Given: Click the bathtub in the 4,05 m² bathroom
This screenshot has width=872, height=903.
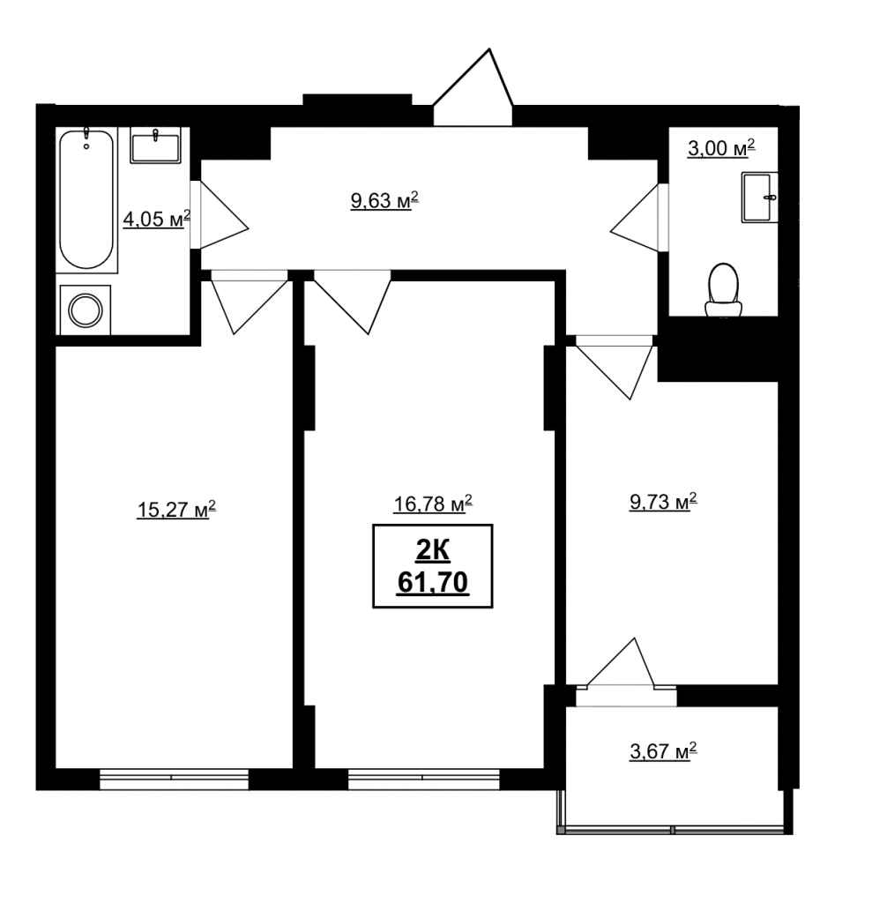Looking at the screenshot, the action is pyautogui.click(x=86, y=200).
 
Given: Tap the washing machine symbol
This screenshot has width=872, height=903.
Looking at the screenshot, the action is pyautogui.click(x=86, y=310).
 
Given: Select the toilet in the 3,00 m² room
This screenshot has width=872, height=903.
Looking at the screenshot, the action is pyautogui.click(x=724, y=290).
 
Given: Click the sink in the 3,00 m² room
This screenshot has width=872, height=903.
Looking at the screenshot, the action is pyautogui.click(x=760, y=197).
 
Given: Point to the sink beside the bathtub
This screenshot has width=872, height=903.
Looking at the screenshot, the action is pyautogui.click(x=155, y=146).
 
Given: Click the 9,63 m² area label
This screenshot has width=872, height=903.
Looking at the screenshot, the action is pyautogui.click(x=384, y=200).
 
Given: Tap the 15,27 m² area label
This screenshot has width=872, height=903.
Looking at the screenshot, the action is pyautogui.click(x=176, y=509).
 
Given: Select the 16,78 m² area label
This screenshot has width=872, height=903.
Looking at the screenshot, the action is pyautogui.click(x=433, y=504).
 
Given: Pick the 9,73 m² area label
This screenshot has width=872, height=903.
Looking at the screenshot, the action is pyautogui.click(x=663, y=502).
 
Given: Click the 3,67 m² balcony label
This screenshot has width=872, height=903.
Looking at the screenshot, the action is pyautogui.click(x=663, y=751).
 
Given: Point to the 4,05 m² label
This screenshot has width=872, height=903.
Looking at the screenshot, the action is pyautogui.click(x=156, y=219).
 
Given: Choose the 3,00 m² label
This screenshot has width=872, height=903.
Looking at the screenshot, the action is pyautogui.click(x=721, y=148).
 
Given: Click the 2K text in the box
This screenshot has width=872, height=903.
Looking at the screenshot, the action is pyautogui.click(x=433, y=551).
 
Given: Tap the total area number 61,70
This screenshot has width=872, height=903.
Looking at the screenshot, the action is pyautogui.click(x=433, y=583).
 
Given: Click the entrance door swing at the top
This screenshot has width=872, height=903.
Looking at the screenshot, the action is pyautogui.click(x=473, y=86).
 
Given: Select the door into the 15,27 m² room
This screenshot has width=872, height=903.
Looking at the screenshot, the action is pyautogui.click(x=249, y=302).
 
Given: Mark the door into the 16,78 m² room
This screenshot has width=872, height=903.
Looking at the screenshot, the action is pyautogui.click(x=352, y=302).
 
